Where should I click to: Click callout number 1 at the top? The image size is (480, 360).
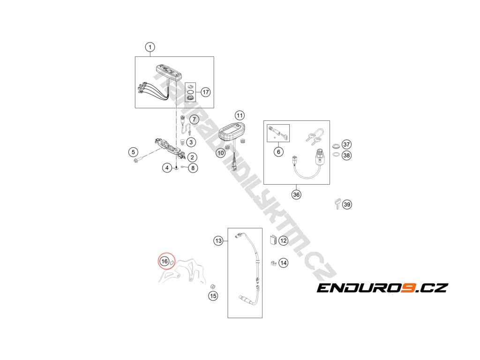click(x=150, y=47)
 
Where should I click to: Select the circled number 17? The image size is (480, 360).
click(x=206, y=92)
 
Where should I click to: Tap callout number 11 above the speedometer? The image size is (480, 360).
click(x=240, y=115)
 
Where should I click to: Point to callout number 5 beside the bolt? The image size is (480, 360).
click(x=134, y=152)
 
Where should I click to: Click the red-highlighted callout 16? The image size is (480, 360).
click(x=164, y=261)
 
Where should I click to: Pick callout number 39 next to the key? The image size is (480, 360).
click(x=347, y=204)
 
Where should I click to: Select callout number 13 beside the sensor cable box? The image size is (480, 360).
click(x=218, y=241)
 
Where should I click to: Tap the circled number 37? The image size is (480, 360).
click(x=346, y=144)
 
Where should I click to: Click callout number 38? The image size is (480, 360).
click(x=346, y=155)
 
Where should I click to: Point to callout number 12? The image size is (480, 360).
click(x=283, y=240)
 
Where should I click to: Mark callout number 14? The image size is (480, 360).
click(x=283, y=263)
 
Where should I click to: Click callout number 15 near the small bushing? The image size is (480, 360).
click(x=213, y=296)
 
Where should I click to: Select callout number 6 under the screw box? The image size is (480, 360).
click(x=278, y=151)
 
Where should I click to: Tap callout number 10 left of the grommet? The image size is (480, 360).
click(x=220, y=153)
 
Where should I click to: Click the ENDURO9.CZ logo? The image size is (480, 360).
click(x=382, y=288)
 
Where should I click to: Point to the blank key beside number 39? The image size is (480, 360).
click(x=337, y=203)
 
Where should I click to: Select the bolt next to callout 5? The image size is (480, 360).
click(x=136, y=161)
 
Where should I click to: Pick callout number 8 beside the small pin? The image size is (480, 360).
click(x=193, y=167)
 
